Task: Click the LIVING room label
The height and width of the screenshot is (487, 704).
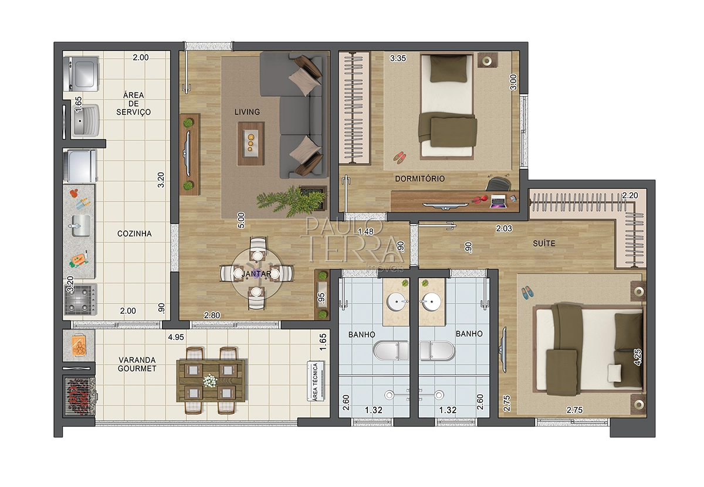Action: click(x=247, y=112)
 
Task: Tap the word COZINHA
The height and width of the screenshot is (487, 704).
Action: click(x=134, y=234)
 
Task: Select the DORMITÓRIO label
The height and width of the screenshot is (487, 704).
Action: click(x=420, y=179)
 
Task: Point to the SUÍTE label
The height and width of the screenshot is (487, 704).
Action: click(x=544, y=243)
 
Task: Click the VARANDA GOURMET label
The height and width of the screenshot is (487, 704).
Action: click(x=137, y=365)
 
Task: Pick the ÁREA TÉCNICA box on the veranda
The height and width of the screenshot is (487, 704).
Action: click(x=316, y=381)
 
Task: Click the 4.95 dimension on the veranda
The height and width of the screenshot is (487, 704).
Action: click(x=176, y=337)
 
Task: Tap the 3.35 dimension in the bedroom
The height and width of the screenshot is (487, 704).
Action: click(x=398, y=58)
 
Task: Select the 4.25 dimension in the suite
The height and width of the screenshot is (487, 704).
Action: click(x=638, y=357)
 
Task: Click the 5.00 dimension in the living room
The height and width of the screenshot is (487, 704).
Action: click(x=241, y=220)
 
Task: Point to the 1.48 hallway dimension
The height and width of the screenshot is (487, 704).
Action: click(x=366, y=231)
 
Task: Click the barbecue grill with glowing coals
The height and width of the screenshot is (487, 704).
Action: click(x=80, y=396)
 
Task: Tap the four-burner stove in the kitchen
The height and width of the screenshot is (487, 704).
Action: click(x=80, y=299)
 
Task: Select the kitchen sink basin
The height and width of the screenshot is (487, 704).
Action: click(x=81, y=226)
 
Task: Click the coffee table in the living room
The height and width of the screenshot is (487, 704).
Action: click(x=251, y=144)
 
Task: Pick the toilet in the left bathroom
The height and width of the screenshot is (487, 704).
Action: click(x=391, y=350)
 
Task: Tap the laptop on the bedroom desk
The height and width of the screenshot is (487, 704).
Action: click(x=498, y=201)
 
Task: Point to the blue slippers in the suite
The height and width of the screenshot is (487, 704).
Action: click(x=527, y=293)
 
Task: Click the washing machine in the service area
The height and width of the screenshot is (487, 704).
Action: click(x=81, y=74)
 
